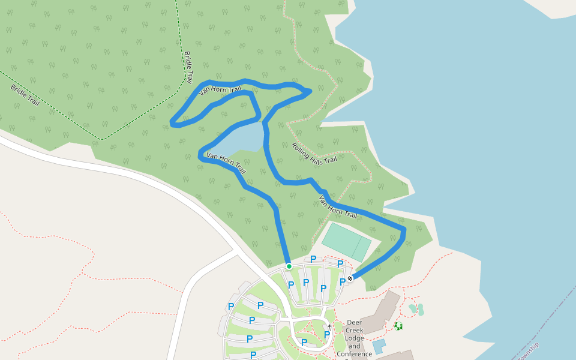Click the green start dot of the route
click(289, 266)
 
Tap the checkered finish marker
click(350, 278)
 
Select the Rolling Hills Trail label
click(314, 154)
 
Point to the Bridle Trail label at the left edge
click(25, 95)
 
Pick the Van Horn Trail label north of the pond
click(220, 91)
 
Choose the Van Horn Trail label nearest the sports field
click(338, 206)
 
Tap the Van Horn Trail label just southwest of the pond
click(226, 163)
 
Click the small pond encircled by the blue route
click(238, 139)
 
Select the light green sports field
click(347, 241)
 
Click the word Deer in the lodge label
click(355, 322)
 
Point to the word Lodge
click(355, 338)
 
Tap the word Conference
click(355, 354)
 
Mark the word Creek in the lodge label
click(355, 331)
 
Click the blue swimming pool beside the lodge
click(379, 346)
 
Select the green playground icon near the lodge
click(398, 326)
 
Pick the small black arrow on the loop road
click(329, 326)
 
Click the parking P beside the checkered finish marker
click(343, 281)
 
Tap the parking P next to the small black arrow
click(327, 335)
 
